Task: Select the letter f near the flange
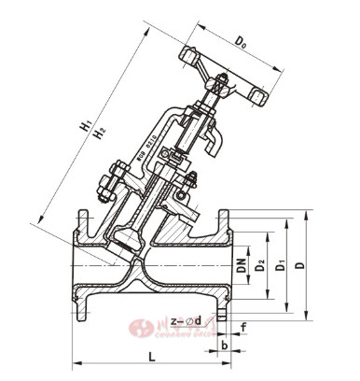tap(243, 326)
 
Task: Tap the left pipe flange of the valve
tap(81, 265)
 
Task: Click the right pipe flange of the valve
tap(223, 265)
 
